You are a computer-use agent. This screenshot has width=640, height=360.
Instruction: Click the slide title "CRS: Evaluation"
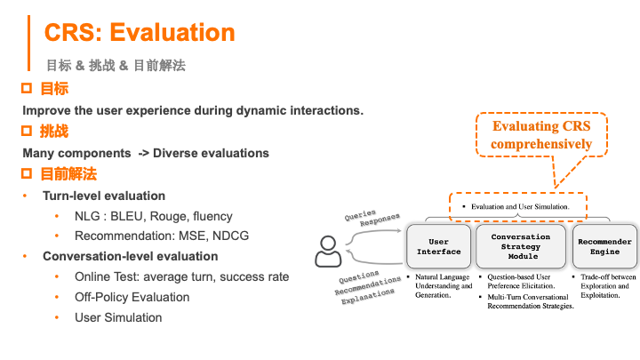140,33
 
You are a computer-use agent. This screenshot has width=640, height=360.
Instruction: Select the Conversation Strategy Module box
521,246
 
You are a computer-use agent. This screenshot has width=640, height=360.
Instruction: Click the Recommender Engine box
604,246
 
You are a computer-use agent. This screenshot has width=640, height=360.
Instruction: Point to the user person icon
327,251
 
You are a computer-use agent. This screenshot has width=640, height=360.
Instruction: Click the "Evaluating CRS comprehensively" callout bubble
541,135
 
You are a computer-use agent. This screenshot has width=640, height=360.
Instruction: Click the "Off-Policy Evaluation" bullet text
132,297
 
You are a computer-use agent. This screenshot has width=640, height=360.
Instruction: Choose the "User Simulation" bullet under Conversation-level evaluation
118,317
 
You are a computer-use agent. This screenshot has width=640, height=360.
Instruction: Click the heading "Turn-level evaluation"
104,196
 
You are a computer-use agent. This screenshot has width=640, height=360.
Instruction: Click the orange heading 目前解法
68,173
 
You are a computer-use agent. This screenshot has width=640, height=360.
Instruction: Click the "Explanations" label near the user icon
366,295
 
